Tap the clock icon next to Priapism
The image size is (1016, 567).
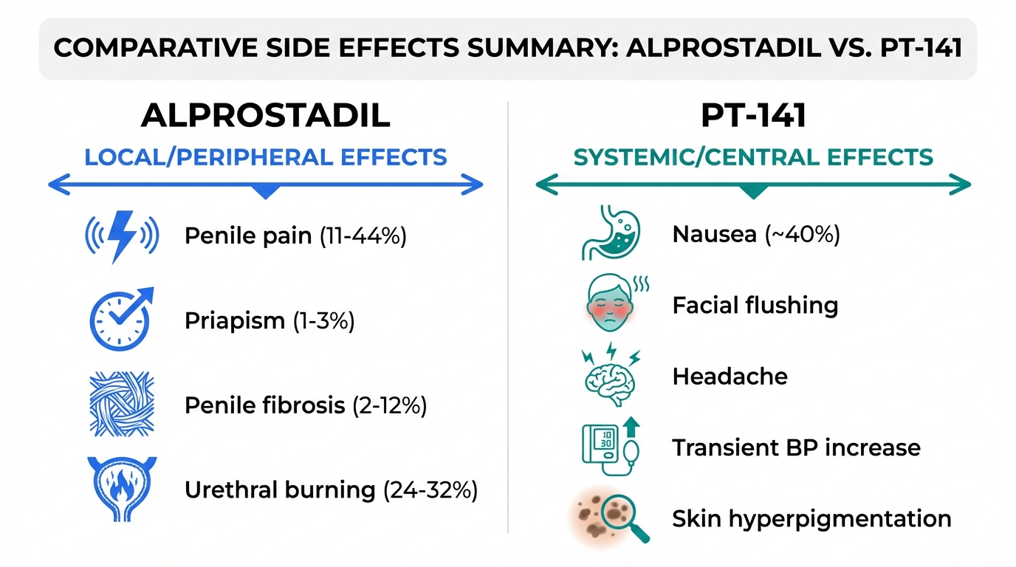pos(120,320)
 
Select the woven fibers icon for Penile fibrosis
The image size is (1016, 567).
pos(122,404)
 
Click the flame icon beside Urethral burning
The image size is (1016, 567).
pos(122,489)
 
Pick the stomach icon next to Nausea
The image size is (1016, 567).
pos(611,233)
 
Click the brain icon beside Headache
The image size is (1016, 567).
pos(611,374)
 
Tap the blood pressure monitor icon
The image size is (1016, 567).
pos(611,447)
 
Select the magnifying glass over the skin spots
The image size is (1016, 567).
pos(625,518)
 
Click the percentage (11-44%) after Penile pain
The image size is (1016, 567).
pos(363,236)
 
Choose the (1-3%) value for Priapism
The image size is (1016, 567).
pos(324,320)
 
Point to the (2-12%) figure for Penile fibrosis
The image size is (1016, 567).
pos(390,405)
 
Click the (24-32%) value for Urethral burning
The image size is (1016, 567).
pos(430,490)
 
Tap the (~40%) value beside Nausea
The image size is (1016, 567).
pos(803,235)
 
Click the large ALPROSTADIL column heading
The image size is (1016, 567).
pos(265,116)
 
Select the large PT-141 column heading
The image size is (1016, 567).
pos(753,116)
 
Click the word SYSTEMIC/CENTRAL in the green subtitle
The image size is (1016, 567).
pos(696,157)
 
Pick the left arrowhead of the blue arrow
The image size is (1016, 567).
pos(59,184)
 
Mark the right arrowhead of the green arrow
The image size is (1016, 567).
pos(960,184)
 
